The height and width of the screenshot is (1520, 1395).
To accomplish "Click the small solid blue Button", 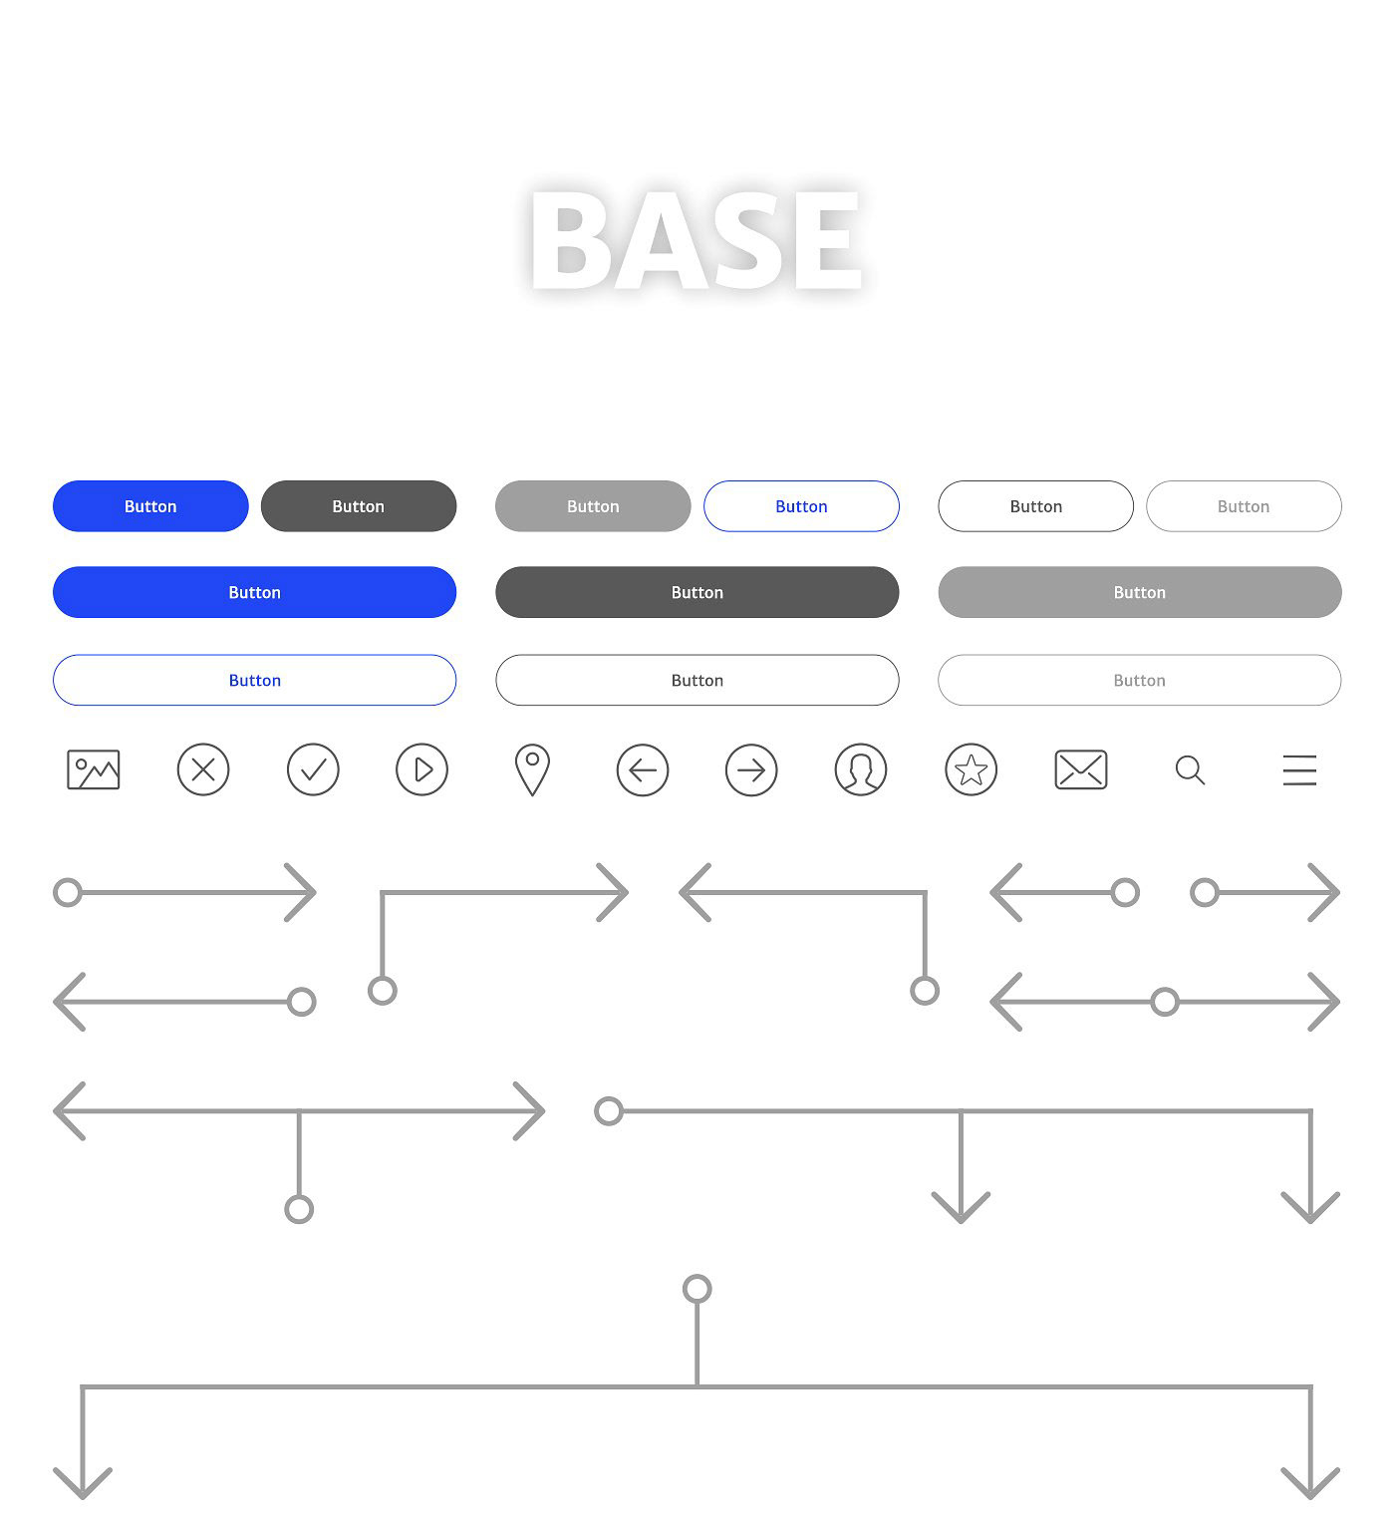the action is [x=150, y=506].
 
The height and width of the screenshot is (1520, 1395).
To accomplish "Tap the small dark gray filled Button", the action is [x=359, y=506].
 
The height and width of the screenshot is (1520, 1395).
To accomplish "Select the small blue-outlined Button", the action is [x=801, y=506].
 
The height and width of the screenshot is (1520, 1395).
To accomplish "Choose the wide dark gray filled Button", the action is [x=697, y=592].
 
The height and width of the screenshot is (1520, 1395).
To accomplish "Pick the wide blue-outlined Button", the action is [x=255, y=681].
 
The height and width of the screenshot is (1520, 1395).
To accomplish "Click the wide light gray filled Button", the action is [x=1140, y=592].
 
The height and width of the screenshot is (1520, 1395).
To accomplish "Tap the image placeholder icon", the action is [x=94, y=770].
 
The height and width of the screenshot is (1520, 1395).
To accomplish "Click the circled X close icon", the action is [x=203, y=770].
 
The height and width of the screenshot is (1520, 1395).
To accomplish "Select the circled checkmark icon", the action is [x=313, y=770].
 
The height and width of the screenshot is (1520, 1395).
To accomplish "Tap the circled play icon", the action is [x=422, y=770].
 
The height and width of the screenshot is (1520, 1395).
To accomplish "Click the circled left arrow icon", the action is [x=643, y=770].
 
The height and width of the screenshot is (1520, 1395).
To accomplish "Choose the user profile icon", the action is [x=861, y=770].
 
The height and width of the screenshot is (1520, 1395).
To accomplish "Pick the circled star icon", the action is [x=972, y=770].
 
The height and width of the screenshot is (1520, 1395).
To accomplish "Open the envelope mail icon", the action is [x=1081, y=770].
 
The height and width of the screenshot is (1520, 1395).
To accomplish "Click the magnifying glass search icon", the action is [x=1190, y=769].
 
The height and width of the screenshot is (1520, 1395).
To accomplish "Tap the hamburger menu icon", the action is [x=1299, y=770].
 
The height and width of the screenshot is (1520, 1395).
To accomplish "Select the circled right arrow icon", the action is [x=751, y=770].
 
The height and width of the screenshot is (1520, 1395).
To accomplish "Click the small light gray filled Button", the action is [x=593, y=506].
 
